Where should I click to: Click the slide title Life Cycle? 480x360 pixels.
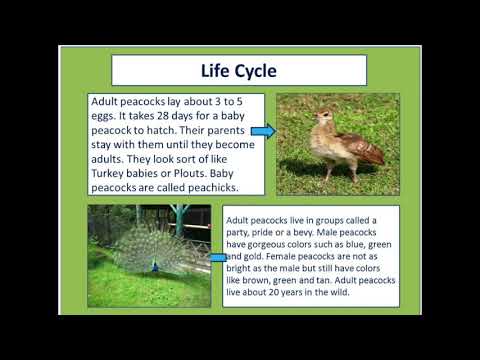pos(236,71)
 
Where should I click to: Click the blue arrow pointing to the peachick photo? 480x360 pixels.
pos(262,131)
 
